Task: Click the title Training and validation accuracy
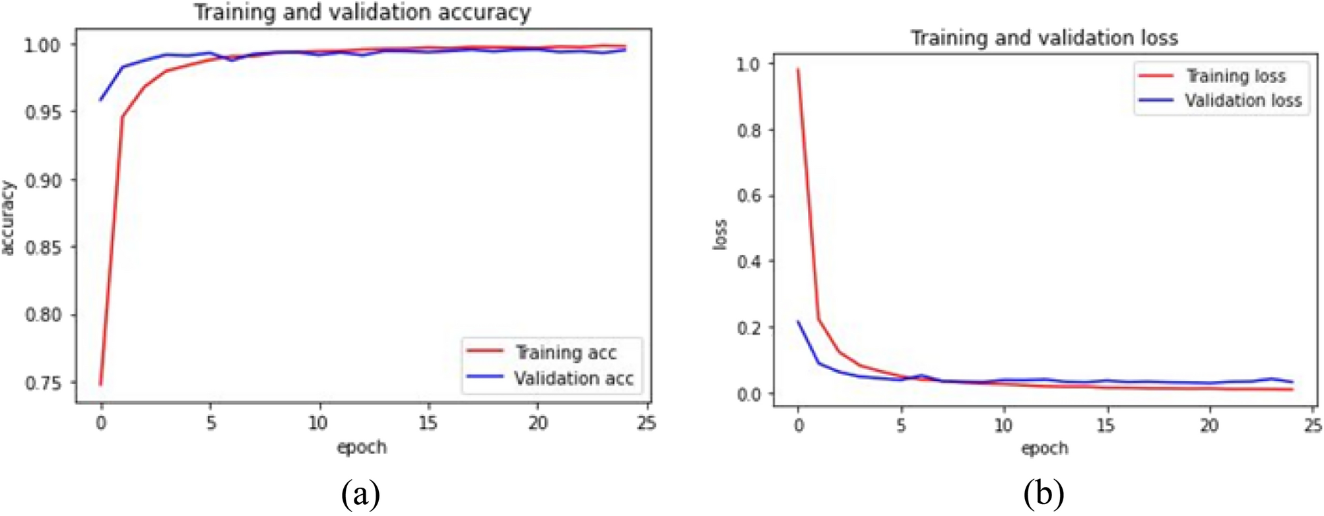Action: click(x=362, y=13)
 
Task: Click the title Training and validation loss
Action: click(x=1044, y=38)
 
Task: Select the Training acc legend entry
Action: click(x=566, y=352)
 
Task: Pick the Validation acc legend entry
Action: click(x=574, y=379)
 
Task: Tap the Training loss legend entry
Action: click(x=1236, y=77)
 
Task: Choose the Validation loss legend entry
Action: click(x=1243, y=101)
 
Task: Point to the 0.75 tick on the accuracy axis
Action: click(x=42, y=383)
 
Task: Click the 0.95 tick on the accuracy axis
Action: click(x=42, y=112)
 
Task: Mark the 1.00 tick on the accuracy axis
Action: click(x=42, y=45)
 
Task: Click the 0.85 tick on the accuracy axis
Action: click(x=42, y=248)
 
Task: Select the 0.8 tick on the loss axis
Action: click(x=748, y=131)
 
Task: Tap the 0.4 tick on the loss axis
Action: click(x=748, y=262)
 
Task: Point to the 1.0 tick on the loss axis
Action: click(x=748, y=64)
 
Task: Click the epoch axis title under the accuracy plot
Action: click(x=362, y=447)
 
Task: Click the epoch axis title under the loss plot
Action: click(x=1044, y=449)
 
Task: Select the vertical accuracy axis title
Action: click(x=9, y=218)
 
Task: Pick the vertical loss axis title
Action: click(x=721, y=234)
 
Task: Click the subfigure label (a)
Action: click(x=361, y=494)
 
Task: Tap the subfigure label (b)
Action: click(x=1043, y=494)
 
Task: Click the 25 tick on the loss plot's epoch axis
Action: click(x=1312, y=426)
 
